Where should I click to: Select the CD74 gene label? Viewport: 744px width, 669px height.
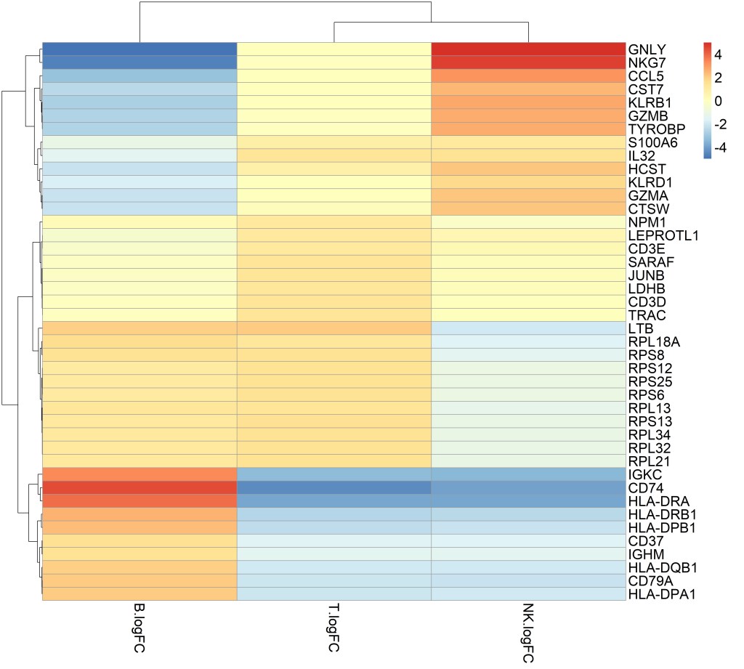point(644,487)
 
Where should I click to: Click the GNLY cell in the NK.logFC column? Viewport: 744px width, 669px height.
point(528,49)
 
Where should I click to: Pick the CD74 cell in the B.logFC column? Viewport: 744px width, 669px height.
point(139,487)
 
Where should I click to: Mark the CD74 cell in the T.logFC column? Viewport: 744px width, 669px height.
point(334,487)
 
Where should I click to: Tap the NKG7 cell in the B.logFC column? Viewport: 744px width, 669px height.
point(139,62)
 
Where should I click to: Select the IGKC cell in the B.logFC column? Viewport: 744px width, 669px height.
point(139,474)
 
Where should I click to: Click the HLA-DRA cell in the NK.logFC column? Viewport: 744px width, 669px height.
point(528,500)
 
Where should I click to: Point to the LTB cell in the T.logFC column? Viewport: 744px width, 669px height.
point(334,328)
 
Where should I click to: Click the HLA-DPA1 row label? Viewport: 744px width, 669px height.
point(657,593)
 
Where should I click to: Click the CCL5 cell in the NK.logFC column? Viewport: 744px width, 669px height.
point(528,76)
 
